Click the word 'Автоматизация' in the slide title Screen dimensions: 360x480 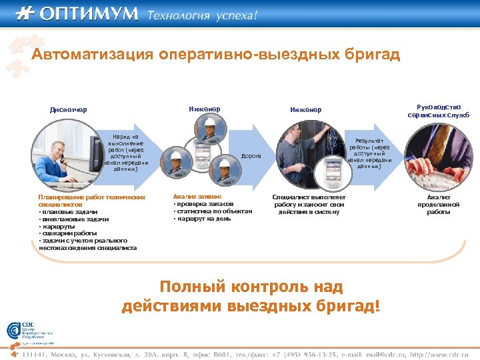click(93, 55)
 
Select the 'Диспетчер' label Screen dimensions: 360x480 click(68, 110)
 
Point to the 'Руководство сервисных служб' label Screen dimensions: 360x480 click(438, 111)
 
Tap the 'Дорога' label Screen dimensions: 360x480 click(251, 155)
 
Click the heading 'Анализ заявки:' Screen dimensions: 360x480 click(197, 197)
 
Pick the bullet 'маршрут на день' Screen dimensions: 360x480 click(203, 219)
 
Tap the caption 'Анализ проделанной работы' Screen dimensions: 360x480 click(438, 204)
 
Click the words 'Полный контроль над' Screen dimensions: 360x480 click(251, 287)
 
